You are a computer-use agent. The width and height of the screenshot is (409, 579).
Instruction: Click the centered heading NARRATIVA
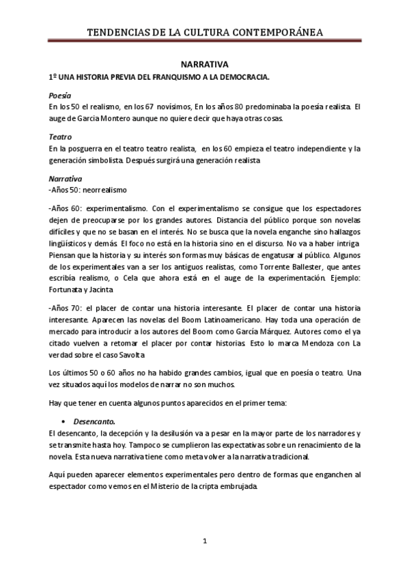tap(204, 63)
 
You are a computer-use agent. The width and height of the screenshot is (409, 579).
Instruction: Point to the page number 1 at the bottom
tap(205, 541)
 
